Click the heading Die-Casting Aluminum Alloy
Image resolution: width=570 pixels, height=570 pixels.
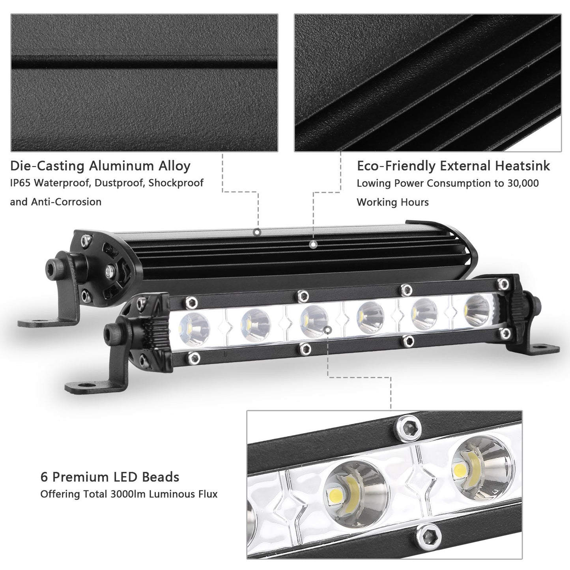[x=100, y=166]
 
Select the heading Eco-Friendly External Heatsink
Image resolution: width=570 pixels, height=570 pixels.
[x=453, y=166]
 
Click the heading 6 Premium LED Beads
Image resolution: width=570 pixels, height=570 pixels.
[x=110, y=477]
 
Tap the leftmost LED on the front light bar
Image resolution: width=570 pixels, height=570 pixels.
[x=194, y=326]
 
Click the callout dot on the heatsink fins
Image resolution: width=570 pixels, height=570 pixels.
[x=313, y=245]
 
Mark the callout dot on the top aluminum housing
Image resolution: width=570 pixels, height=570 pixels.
[x=257, y=232]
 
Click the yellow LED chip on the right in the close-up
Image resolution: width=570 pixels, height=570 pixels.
[x=459, y=469]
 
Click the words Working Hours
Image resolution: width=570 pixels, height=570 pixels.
[x=392, y=202]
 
